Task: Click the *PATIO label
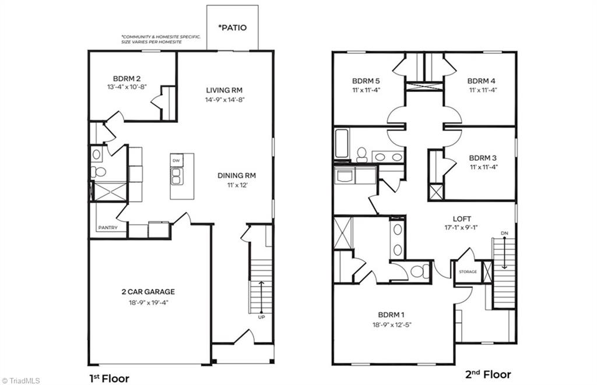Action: pos(233,27)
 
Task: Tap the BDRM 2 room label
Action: pos(127,78)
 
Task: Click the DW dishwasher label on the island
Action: pos(175,160)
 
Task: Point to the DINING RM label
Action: pos(237,175)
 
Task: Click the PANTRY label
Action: pos(107,228)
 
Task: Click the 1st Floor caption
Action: pos(109,378)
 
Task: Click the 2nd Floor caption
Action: pos(488,374)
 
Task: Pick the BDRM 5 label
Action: pos(366,81)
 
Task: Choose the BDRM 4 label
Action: pos(482,81)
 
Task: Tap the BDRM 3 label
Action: pos(483,158)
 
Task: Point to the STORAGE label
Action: pos(468,272)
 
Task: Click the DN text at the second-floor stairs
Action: pos(504,234)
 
